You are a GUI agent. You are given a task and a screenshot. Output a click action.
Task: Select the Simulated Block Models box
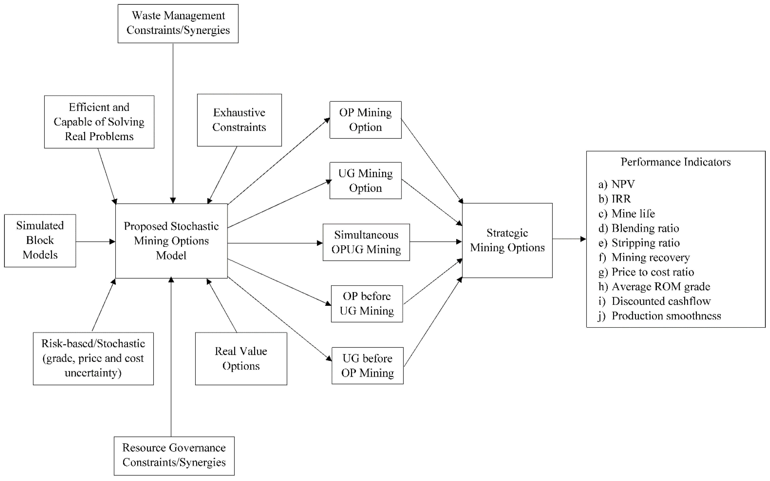(40, 241)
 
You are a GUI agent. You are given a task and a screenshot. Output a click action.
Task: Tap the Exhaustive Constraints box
(239, 120)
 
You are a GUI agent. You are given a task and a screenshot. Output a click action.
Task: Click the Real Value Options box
(241, 359)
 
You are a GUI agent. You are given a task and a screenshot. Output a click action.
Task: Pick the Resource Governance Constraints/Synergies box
(174, 455)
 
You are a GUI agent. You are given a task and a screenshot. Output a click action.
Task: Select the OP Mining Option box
(365, 120)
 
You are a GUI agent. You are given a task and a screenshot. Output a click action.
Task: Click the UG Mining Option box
(365, 181)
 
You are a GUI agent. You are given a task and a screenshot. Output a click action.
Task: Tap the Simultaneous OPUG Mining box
(366, 242)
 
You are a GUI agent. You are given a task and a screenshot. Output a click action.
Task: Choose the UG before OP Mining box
(368, 366)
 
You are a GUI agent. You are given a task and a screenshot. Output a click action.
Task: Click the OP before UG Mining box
(367, 303)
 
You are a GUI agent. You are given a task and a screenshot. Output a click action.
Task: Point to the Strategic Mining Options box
(507, 241)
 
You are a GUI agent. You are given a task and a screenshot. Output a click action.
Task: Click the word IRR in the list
(621, 199)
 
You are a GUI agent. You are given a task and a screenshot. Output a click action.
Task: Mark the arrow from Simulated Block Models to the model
(95, 242)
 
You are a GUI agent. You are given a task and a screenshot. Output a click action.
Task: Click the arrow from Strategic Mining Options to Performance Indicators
(569, 239)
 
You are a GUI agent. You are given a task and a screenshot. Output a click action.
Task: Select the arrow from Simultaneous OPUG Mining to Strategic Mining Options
(435, 242)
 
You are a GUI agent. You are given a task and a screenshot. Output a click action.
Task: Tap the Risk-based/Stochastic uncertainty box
(93, 359)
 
